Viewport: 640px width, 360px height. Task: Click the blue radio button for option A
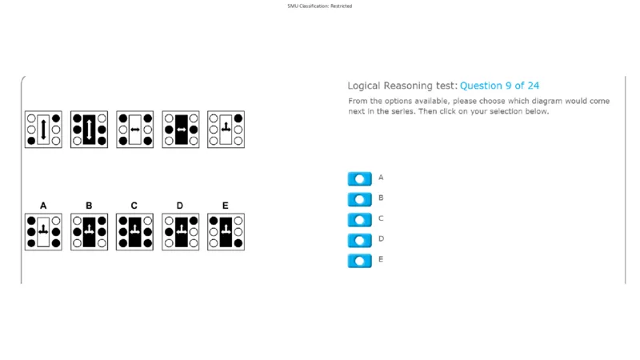(359, 178)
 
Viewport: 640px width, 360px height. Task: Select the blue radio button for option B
(359, 199)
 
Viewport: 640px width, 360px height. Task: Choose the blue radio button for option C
(359, 219)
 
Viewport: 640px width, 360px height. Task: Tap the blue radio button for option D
(359, 240)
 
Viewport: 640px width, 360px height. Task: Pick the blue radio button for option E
(359, 261)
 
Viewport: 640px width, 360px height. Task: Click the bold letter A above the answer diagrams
(43, 206)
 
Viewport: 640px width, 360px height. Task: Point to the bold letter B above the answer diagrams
(89, 206)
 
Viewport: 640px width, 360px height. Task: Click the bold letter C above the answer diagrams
(134, 206)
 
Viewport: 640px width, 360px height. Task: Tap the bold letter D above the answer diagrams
(179, 206)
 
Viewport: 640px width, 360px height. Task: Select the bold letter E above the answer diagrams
(226, 206)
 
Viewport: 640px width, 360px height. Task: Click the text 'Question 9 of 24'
(499, 86)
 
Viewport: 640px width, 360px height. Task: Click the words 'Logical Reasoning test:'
(402, 86)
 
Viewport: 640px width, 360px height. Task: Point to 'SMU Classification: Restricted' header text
(319, 6)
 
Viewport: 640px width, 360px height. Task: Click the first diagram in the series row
(43, 130)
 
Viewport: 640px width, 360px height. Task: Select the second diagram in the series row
(89, 130)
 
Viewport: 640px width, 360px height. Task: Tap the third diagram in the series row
(134, 130)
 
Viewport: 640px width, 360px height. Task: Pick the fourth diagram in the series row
(181, 130)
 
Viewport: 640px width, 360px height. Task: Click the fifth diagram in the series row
(226, 130)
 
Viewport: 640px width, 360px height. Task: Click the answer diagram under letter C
(134, 232)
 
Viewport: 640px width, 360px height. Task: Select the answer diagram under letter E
(226, 232)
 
